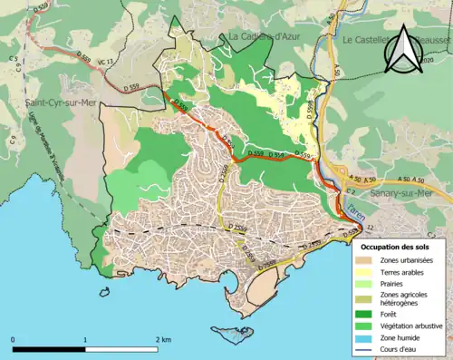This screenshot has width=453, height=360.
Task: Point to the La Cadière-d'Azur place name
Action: coord(263,36)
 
